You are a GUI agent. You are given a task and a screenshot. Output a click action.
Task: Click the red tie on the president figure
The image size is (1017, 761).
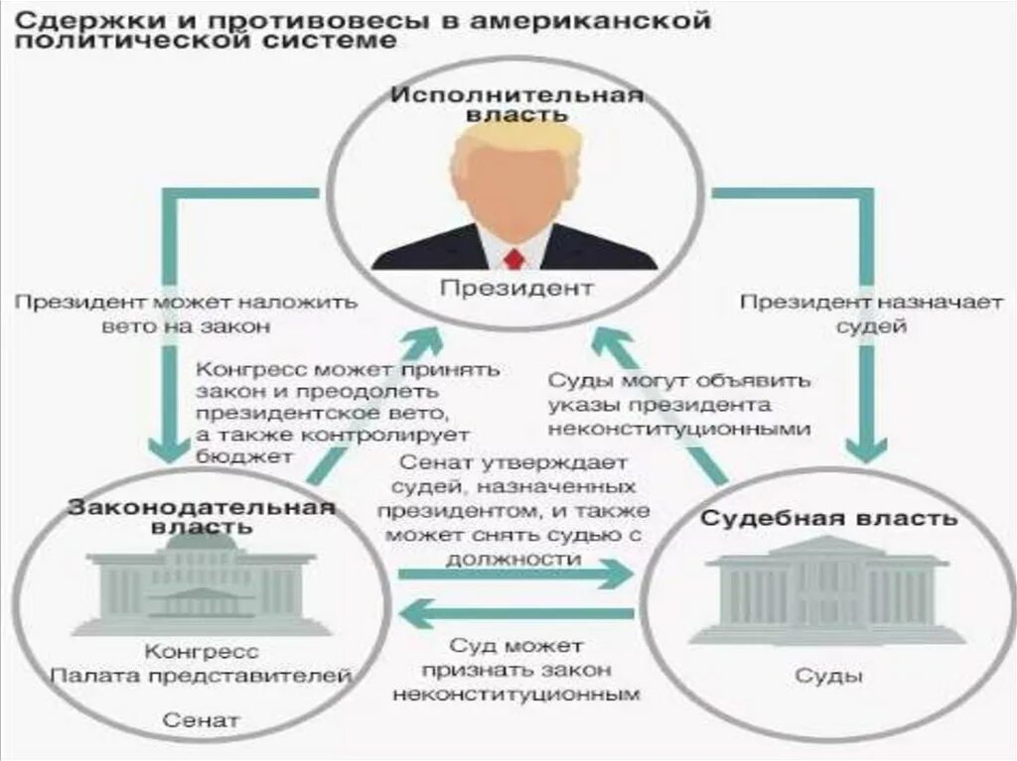(x=513, y=259)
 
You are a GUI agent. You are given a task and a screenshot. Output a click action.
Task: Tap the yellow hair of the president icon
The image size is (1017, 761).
(x=513, y=140)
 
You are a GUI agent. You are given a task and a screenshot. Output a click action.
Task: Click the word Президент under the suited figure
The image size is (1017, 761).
(x=516, y=289)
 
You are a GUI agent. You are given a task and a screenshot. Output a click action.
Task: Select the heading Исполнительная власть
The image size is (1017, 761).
(x=516, y=104)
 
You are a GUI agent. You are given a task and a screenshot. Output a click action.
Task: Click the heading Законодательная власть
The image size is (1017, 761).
(x=202, y=516)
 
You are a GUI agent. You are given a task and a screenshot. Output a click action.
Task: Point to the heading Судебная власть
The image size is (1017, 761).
(x=829, y=518)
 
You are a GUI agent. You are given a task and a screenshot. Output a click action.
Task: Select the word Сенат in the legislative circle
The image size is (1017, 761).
(x=203, y=719)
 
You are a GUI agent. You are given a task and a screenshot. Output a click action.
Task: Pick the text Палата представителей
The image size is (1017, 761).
(x=202, y=678)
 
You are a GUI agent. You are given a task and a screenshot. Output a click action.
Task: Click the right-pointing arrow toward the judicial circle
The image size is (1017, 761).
(x=515, y=573)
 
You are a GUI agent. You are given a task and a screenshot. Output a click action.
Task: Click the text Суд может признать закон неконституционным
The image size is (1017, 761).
(x=515, y=671)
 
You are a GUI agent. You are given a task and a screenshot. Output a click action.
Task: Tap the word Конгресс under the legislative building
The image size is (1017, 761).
(x=203, y=652)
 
